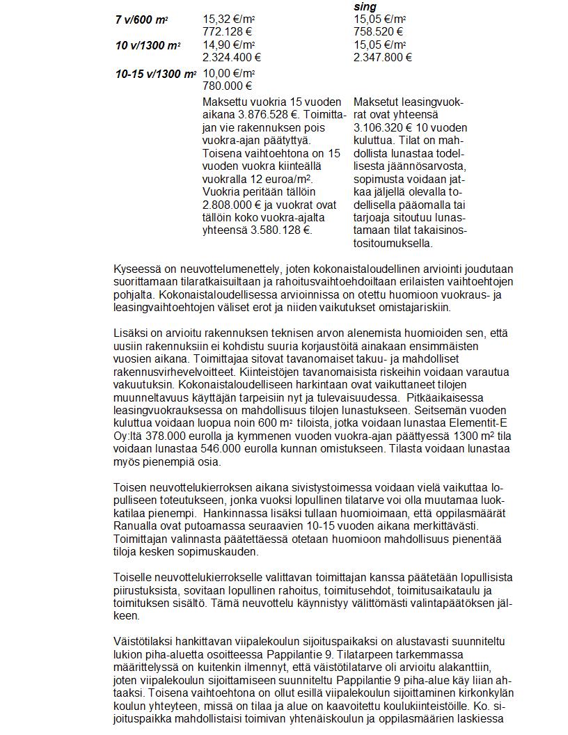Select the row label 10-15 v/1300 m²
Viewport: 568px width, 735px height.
pyautogui.click(x=155, y=74)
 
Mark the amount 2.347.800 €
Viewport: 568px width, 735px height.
pyautogui.click(x=383, y=58)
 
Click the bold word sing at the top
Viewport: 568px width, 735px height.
pyautogui.click(x=365, y=7)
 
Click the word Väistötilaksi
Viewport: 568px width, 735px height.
pyautogui.click(x=143, y=641)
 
